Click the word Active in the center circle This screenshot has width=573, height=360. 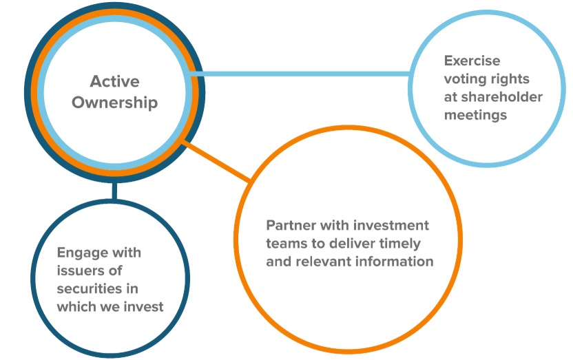(x=114, y=82)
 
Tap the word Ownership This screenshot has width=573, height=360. (x=114, y=103)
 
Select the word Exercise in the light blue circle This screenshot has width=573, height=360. (x=472, y=61)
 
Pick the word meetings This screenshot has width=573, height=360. (x=475, y=114)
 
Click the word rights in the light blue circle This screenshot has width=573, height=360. (x=510, y=78)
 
